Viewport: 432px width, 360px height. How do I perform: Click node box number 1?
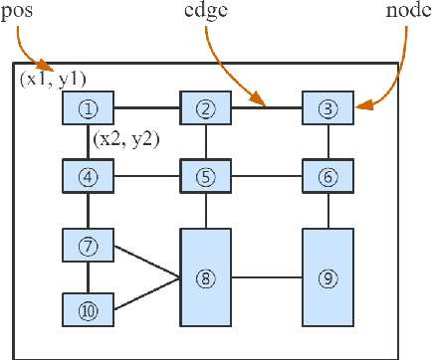(x=88, y=107)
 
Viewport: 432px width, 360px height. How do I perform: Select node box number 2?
(x=205, y=107)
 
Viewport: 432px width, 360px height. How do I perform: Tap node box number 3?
(x=328, y=107)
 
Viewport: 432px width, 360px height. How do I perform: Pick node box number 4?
(x=88, y=179)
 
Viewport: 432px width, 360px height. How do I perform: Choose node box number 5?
(x=205, y=179)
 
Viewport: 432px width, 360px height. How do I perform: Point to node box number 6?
(x=328, y=179)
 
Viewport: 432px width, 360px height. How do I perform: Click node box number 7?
(x=88, y=245)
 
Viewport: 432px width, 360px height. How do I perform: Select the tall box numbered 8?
(x=205, y=277)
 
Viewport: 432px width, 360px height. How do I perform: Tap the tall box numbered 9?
(x=328, y=277)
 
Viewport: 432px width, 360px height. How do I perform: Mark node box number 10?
(x=88, y=309)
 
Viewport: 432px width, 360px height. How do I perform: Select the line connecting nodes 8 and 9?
(x=267, y=277)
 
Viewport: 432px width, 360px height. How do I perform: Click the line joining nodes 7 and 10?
(x=88, y=276)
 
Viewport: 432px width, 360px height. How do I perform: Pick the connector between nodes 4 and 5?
(x=146, y=179)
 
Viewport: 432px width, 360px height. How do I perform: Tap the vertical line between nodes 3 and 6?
(x=328, y=143)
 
